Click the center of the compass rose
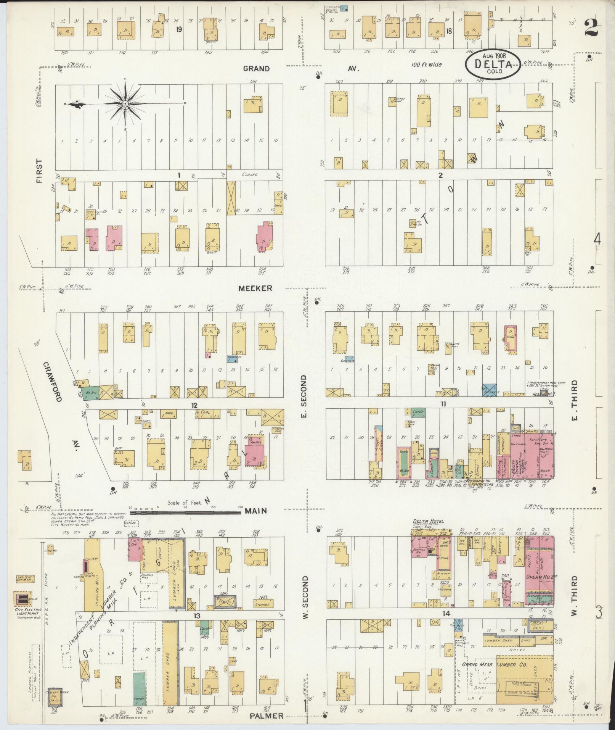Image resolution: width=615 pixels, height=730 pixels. tap(125, 103)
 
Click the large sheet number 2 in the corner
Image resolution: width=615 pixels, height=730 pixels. tap(592, 28)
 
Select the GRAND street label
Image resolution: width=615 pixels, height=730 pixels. tap(257, 69)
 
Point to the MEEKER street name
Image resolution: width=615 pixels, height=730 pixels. tap(255, 288)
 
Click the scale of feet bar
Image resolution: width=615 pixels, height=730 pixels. tap(186, 513)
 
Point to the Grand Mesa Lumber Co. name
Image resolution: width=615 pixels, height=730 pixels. tap(495, 664)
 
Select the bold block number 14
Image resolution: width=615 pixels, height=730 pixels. tap(446, 614)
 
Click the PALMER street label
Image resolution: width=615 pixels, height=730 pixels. tap(267, 716)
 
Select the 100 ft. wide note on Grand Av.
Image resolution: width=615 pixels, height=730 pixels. tap(427, 65)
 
